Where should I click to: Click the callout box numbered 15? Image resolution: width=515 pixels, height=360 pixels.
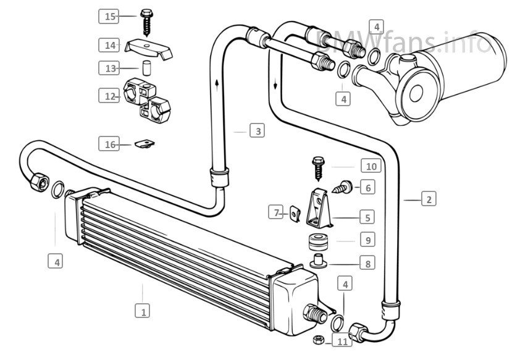coord(109,16)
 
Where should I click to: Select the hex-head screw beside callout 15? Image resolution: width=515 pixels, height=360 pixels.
coord(146,22)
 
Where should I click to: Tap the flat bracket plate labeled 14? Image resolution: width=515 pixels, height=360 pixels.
coord(148,49)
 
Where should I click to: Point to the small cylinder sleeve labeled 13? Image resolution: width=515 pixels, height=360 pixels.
coord(146,68)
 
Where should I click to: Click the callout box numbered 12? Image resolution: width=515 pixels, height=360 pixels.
coord(109,96)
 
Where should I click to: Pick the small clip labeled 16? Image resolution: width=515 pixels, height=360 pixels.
coord(144,143)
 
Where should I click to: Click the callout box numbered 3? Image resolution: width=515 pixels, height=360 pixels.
coord(257,130)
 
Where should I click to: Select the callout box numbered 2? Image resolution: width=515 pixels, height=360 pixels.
coord(429,199)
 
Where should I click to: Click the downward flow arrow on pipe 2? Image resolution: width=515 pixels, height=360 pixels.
coord(275,85)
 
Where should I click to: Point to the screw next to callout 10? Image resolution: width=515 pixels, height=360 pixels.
coord(318,169)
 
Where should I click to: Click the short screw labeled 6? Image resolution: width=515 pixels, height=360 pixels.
coord(343,188)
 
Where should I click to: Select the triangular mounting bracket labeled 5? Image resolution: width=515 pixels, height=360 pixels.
coord(319,208)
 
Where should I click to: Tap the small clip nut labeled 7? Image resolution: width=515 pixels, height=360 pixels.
coord(295,214)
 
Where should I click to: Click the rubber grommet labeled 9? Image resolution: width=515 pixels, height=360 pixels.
coord(317,242)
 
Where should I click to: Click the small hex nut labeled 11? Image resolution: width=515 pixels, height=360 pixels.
coord(318,340)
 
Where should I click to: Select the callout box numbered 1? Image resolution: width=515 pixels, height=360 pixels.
coord(142,311)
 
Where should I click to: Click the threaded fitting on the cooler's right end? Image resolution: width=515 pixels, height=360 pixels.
coord(316,314)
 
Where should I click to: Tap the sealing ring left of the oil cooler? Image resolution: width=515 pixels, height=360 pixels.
coord(57,190)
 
